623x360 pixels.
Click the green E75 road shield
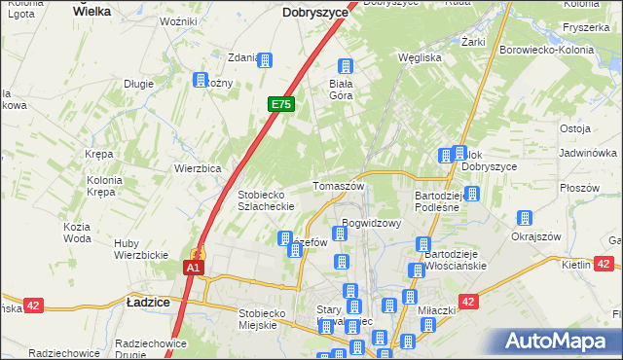pos(280,104)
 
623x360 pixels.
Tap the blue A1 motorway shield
pos(194,268)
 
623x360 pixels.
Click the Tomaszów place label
pos(338,186)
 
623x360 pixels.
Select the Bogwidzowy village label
pos(372,223)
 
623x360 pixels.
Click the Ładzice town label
pos(149,303)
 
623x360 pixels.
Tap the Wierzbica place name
pos(198,167)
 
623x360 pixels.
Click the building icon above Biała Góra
pos(345,66)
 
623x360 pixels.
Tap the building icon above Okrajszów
pos(526,218)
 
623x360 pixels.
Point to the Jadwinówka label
pos(588,154)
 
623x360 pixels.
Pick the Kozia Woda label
pos(77,233)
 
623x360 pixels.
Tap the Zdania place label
pos(242,57)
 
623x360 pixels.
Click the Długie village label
pos(138,84)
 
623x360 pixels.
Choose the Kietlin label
pos(575,265)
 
